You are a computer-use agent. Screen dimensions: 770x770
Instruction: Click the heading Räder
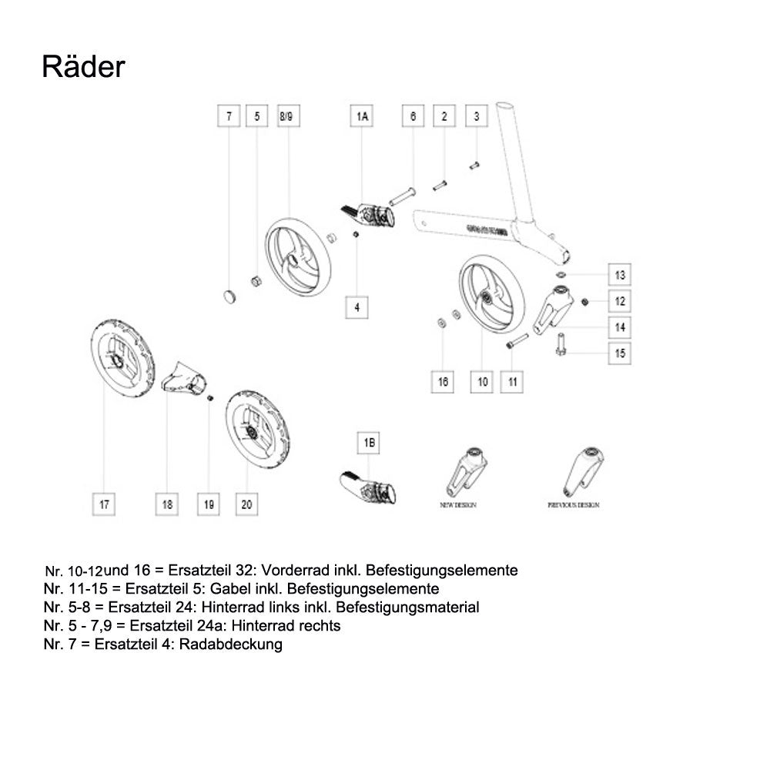[x=83, y=67]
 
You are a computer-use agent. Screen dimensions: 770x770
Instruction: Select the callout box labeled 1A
[x=363, y=117]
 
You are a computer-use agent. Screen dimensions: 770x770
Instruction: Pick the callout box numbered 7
[x=228, y=117]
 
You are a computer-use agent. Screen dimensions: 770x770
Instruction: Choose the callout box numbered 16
[x=443, y=381]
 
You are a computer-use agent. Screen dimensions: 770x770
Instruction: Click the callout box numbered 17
[x=104, y=504]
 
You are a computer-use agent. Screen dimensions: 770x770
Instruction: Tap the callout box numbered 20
[x=246, y=504]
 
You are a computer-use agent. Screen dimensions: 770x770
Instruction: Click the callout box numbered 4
[x=357, y=306]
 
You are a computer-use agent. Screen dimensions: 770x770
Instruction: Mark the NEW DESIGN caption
[x=458, y=505]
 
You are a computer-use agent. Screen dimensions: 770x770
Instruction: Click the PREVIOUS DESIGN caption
[x=574, y=505]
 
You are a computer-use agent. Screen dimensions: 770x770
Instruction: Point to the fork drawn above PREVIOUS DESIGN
[x=582, y=470]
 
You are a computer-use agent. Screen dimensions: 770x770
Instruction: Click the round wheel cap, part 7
[x=228, y=295]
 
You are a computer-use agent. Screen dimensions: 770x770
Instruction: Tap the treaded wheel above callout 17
[x=122, y=360]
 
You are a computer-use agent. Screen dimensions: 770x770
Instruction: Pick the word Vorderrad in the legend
[x=293, y=571]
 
